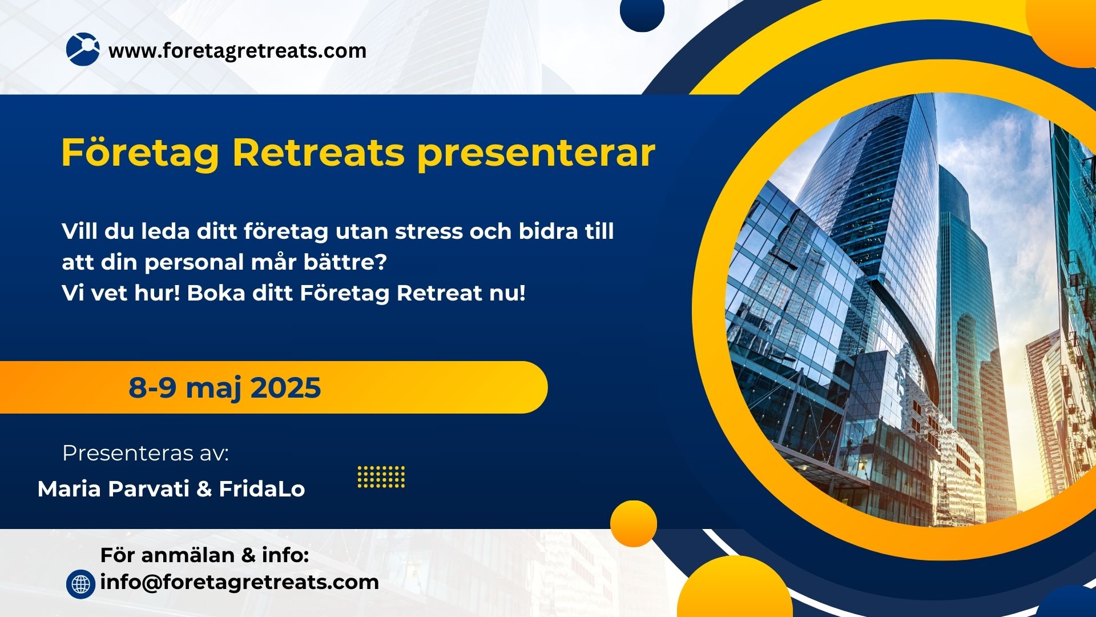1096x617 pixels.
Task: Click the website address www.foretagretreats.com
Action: click(237, 51)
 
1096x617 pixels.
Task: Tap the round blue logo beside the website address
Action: click(83, 49)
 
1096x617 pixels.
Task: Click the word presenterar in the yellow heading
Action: click(537, 153)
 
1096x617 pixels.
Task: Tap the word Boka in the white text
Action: click(216, 293)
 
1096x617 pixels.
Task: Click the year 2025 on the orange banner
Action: click(285, 387)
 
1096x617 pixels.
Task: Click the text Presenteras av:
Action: click(146, 453)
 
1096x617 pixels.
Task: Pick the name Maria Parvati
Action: click(113, 489)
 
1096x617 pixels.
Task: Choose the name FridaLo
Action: click(262, 489)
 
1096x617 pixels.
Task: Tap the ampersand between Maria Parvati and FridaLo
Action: click(204, 490)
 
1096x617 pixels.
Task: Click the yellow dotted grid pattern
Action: click(381, 477)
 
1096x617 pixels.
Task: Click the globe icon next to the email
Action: click(80, 584)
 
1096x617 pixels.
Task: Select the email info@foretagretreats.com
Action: click(239, 582)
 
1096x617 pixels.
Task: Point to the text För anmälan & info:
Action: click(204, 555)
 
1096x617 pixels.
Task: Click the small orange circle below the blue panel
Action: click(634, 523)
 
